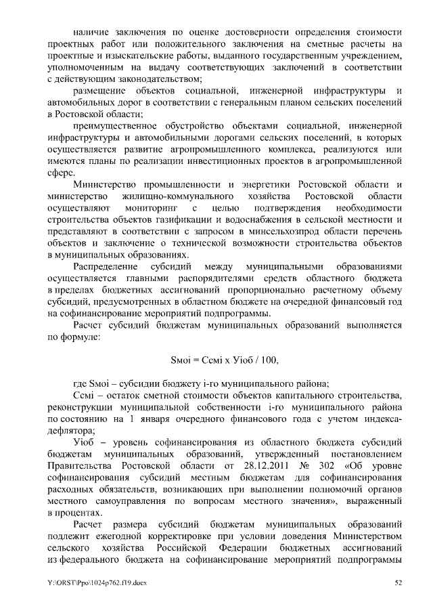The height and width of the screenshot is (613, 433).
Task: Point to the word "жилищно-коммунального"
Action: pyautogui.click(x=178, y=196)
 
